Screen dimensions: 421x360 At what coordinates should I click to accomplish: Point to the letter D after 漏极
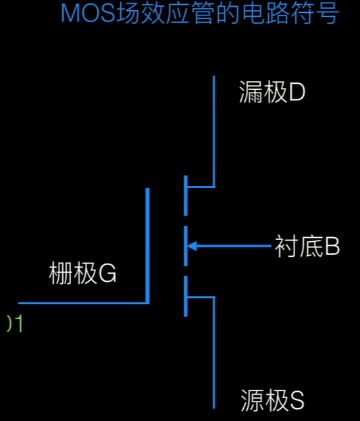(x=297, y=93)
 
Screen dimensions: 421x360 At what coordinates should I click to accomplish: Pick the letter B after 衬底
(x=332, y=247)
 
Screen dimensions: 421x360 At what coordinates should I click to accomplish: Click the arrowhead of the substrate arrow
(x=192, y=246)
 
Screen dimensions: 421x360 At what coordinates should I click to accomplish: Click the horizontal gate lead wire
(x=81, y=303)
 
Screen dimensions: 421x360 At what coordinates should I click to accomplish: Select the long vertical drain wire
(x=214, y=128)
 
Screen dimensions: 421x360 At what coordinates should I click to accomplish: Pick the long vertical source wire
(x=214, y=351)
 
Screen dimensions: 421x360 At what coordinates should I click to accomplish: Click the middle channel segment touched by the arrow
(x=185, y=246)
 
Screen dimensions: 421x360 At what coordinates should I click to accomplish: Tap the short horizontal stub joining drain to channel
(x=200, y=187)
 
